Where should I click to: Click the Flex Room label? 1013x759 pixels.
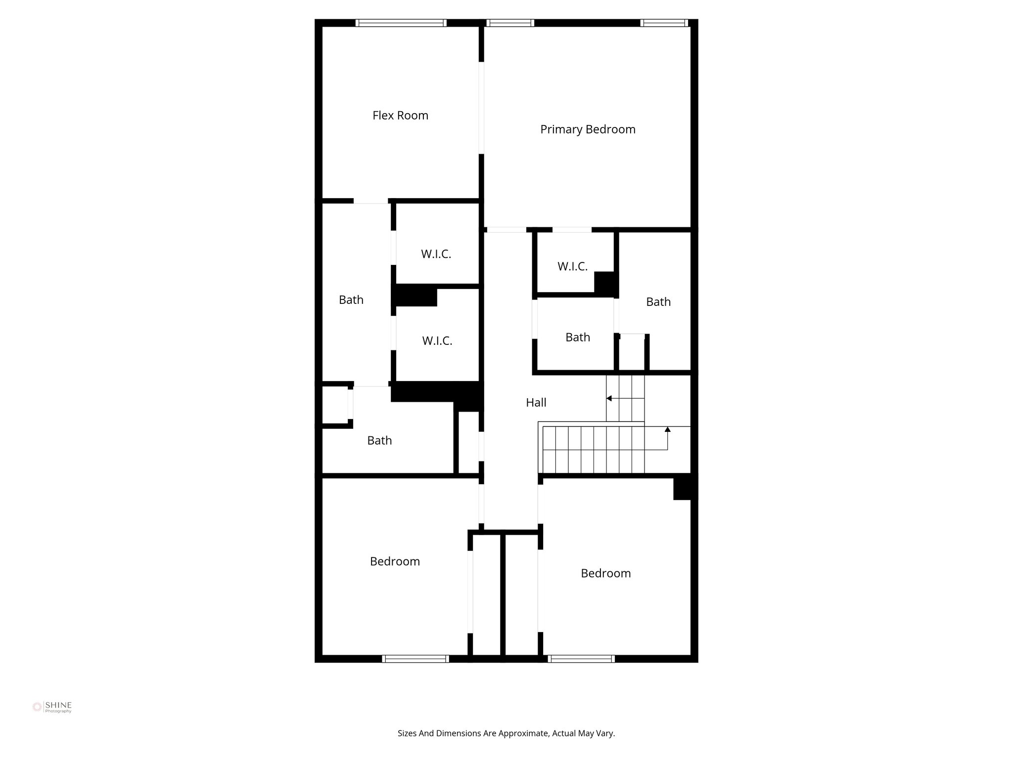coord(400,116)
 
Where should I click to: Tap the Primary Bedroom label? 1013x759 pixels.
coord(588,129)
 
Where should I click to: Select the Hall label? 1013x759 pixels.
coord(536,403)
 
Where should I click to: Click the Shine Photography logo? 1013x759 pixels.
coord(52,707)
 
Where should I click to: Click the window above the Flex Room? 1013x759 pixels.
coord(401,23)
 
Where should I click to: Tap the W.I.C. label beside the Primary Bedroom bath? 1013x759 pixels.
coord(572,267)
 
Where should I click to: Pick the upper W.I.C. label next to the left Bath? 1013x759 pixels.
coord(436,254)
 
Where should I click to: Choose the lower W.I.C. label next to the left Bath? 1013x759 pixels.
coord(437,341)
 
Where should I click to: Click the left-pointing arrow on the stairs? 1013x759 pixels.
coord(609,398)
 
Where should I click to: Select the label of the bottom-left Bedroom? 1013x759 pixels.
coord(395,561)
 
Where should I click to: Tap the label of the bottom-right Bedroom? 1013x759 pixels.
coord(605,573)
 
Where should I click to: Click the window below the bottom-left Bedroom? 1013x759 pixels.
coord(415,659)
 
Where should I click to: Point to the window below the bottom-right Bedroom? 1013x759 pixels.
coord(581,659)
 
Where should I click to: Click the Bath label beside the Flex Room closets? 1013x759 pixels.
coord(351,300)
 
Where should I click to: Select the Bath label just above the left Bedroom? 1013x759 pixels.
coord(379,441)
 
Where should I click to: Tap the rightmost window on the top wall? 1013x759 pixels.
coord(664,23)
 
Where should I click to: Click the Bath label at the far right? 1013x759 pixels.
coord(658,302)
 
